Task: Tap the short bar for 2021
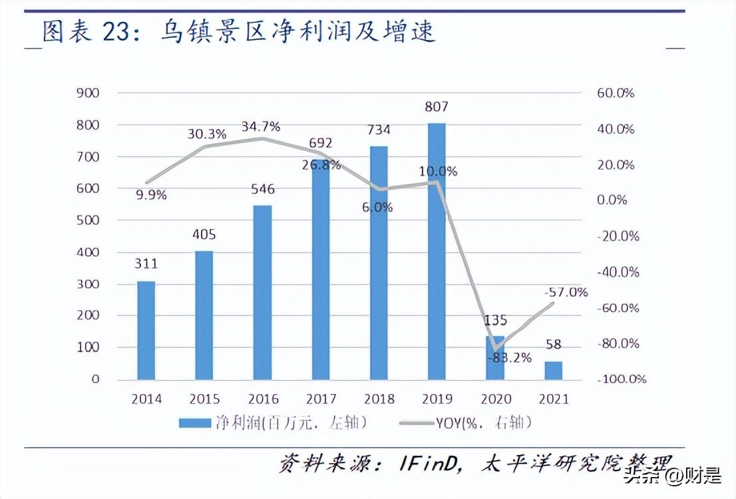click(x=554, y=371)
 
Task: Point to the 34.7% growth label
click(x=261, y=126)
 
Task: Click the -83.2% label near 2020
click(x=511, y=358)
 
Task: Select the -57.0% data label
click(x=566, y=292)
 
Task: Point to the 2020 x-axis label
click(x=495, y=399)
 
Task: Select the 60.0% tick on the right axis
click(x=615, y=93)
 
